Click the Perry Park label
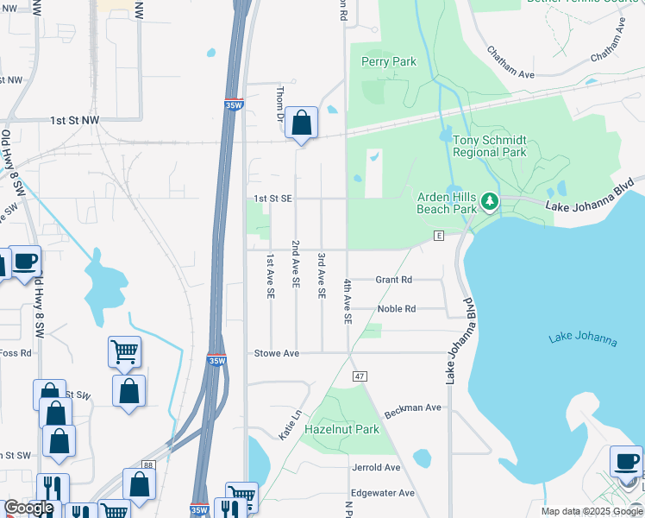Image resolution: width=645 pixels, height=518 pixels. coord(389,62)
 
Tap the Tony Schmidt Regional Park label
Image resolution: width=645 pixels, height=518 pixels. coord(489,146)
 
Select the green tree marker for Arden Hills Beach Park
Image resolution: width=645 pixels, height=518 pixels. coord(490,202)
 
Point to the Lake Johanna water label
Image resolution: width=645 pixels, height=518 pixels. coord(583,338)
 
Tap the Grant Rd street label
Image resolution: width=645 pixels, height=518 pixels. coord(394,280)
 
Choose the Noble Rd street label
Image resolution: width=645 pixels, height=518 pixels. coord(397,309)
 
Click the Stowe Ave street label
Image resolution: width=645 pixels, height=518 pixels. coord(276,353)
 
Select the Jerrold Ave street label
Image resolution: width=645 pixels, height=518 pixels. coord(376,467)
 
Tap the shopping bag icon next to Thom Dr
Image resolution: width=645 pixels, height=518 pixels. coord(301,123)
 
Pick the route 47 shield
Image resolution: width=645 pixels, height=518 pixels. coord(360,376)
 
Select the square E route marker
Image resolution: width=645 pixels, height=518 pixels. coord(438,235)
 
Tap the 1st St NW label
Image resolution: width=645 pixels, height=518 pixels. coord(74,121)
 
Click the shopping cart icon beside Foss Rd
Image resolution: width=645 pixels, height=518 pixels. coord(124,351)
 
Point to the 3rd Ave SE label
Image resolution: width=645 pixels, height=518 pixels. coord(321,275)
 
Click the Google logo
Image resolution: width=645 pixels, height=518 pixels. coord(28,509)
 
